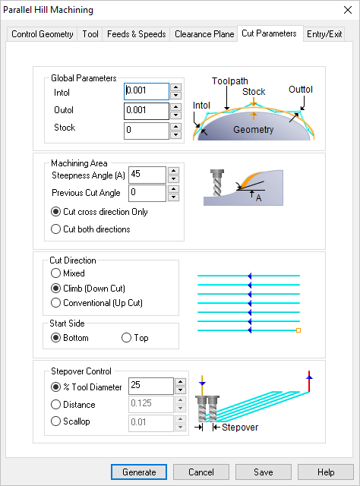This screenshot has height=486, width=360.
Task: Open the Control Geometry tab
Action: (43, 34)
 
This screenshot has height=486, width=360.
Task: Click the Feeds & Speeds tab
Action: (136, 34)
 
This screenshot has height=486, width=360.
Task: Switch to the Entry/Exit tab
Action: (324, 34)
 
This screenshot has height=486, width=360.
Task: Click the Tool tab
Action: (90, 34)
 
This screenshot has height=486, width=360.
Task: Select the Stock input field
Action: (146, 131)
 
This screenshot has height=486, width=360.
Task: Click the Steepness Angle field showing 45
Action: (147, 175)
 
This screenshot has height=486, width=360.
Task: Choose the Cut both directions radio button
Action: (55, 229)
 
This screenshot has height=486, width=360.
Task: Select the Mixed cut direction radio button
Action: (55, 273)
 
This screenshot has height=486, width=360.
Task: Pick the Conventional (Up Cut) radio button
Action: (55, 303)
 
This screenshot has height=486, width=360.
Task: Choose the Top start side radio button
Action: (127, 338)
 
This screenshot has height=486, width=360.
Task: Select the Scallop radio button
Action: (55, 421)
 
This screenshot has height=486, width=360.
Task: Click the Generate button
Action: (139, 472)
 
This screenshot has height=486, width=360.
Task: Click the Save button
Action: (264, 472)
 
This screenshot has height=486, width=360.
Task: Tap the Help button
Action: (326, 472)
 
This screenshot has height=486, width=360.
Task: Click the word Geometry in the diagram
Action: (253, 130)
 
